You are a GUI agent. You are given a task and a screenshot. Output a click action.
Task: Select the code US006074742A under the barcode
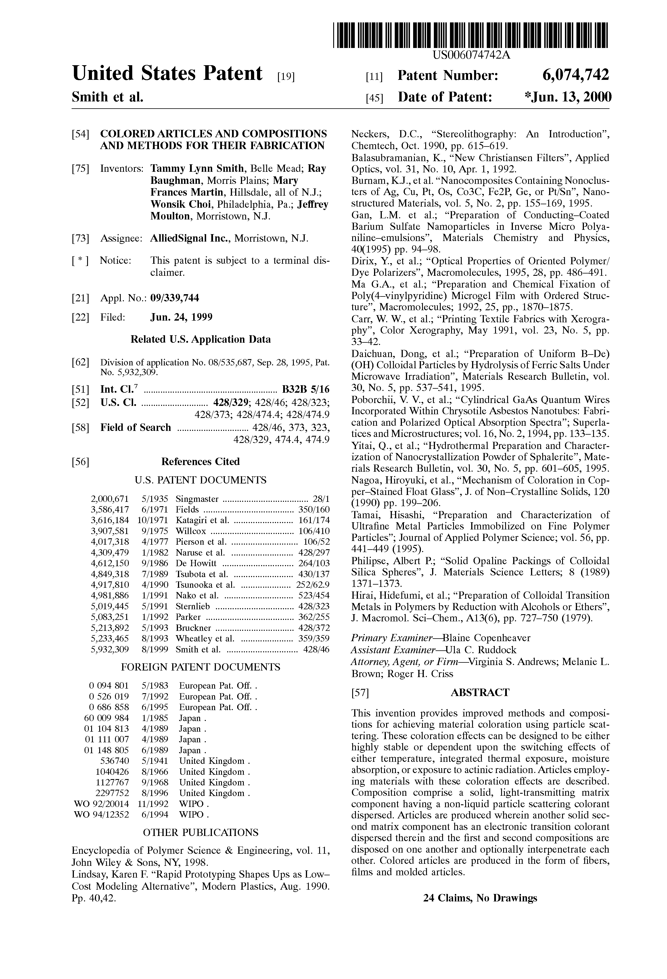click(x=471, y=55)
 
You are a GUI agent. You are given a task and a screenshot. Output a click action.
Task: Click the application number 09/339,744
click(x=175, y=298)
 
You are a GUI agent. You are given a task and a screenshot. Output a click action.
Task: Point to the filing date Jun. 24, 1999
click(x=181, y=317)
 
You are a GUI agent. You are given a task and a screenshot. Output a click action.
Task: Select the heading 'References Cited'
click(x=200, y=462)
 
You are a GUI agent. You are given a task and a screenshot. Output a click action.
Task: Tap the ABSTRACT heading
click(x=480, y=692)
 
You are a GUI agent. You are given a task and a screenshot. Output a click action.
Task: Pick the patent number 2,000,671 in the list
click(x=110, y=499)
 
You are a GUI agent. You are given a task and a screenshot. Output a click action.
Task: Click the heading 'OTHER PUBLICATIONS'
click(x=200, y=832)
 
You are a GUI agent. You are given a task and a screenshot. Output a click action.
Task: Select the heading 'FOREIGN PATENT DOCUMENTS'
click(x=200, y=667)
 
